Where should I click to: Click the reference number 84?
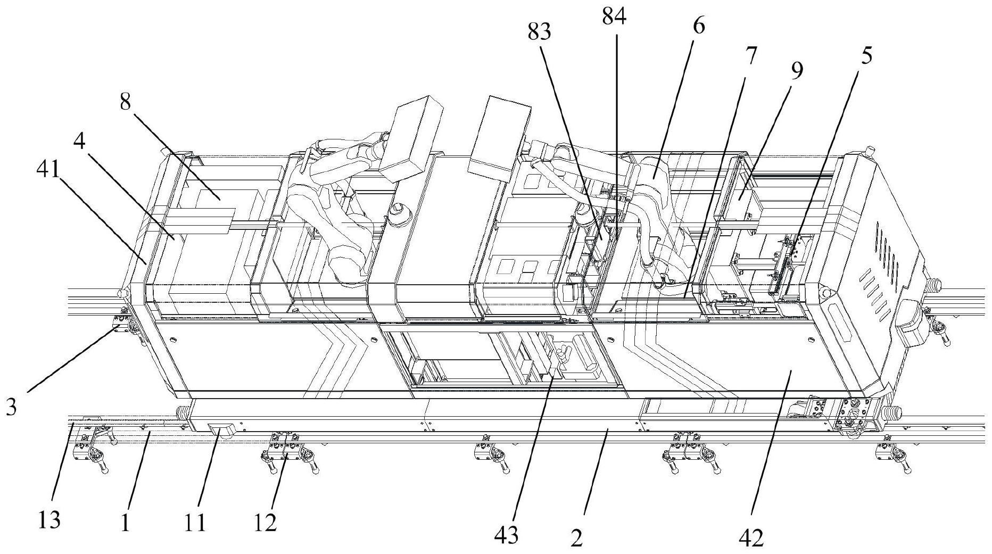click(x=614, y=17)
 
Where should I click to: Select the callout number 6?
click(x=699, y=25)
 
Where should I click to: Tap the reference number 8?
click(x=125, y=102)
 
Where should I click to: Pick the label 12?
click(x=265, y=524)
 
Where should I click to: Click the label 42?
click(x=751, y=538)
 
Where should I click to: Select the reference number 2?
click(x=576, y=539)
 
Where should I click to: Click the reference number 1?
click(x=125, y=524)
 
